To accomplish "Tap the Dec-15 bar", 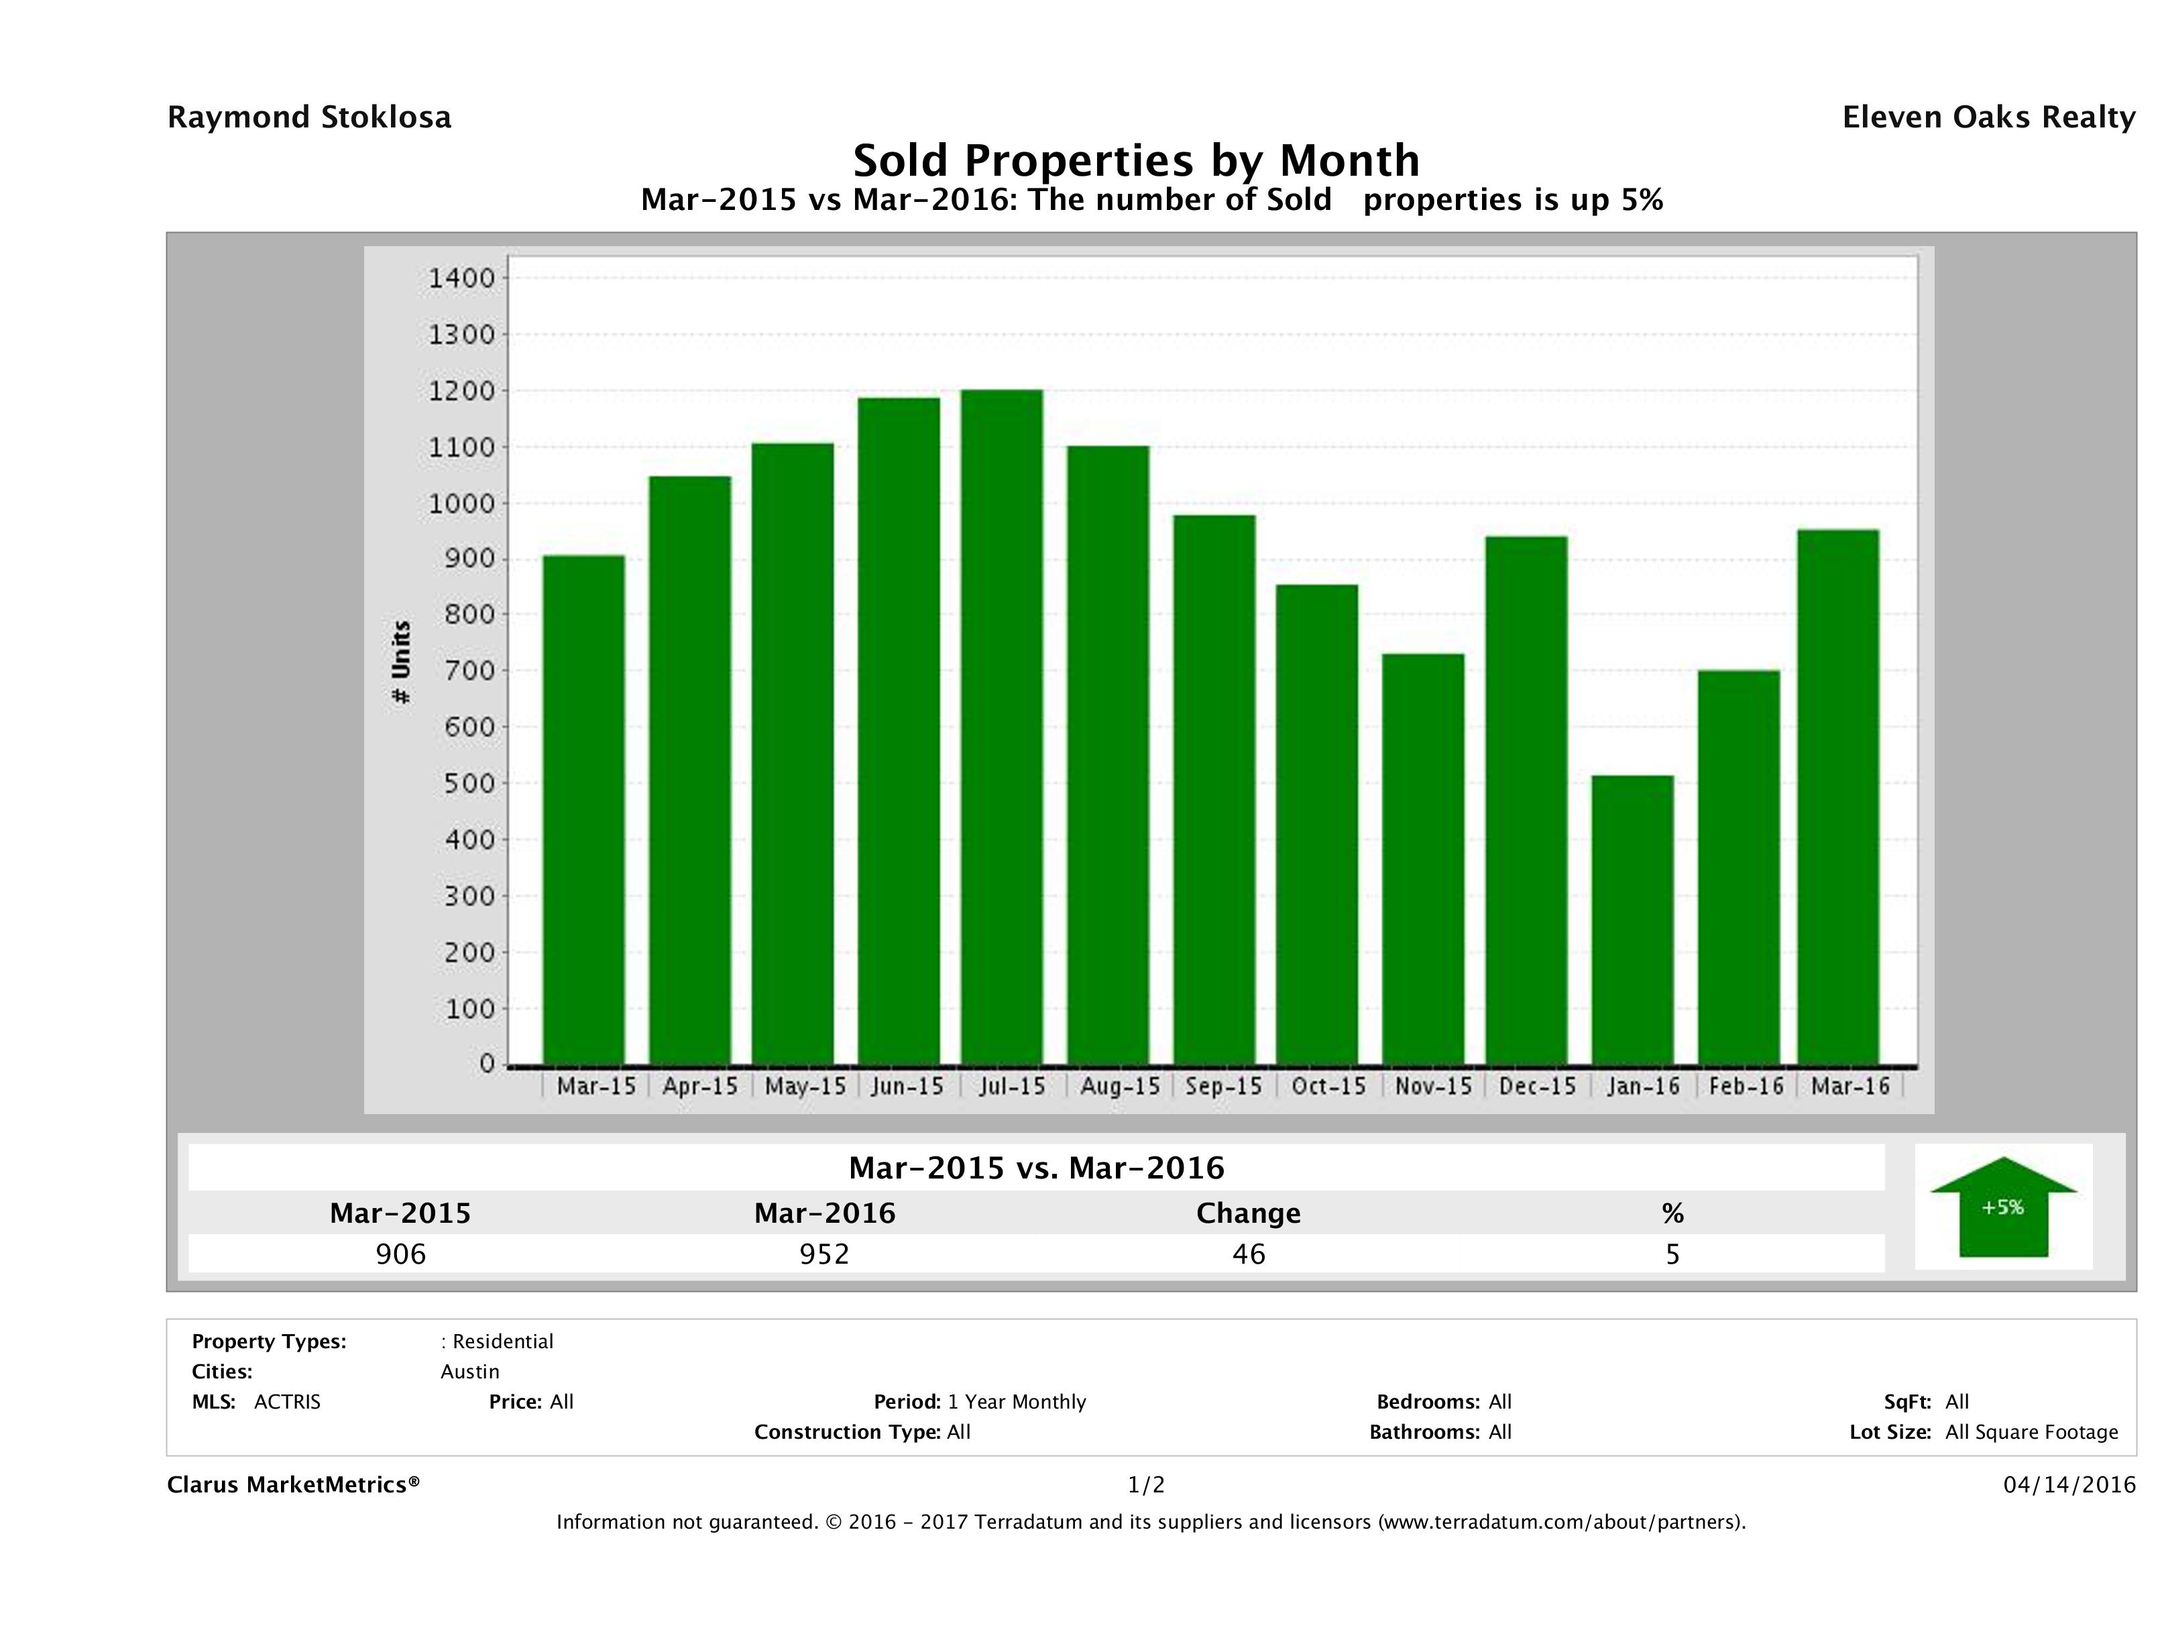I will pos(1526,800).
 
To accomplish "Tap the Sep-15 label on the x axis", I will pos(1223,1086).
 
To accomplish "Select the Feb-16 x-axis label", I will pos(1746,1086).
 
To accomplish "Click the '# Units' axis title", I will pos(401,663).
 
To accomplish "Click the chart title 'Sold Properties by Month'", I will pos(1136,160).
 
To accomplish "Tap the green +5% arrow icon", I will pos(2002,1207).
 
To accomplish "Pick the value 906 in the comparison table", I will pos(401,1254).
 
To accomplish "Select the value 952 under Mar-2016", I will pos(825,1254).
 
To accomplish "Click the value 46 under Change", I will pos(1249,1254).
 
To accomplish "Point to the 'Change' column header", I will pos(1249,1213).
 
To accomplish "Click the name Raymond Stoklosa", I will pos(309,117).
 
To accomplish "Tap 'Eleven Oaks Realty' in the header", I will pos(1988,117).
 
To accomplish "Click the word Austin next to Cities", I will pos(469,1372).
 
